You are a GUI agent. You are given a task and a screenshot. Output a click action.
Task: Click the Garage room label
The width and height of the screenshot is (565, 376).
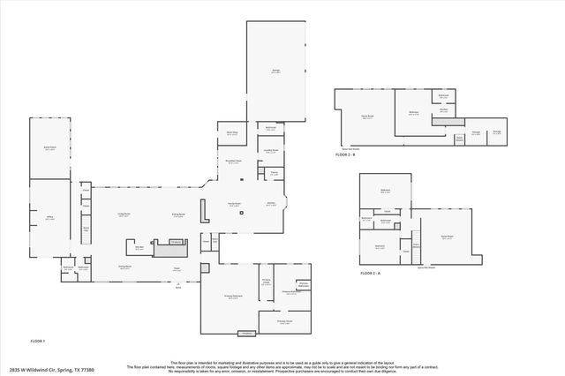[x=275, y=71]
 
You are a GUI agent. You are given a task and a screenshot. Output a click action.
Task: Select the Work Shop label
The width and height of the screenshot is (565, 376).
[x=232, y=133]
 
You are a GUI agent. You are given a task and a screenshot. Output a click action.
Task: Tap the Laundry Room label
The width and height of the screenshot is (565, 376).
[x=271, y=150]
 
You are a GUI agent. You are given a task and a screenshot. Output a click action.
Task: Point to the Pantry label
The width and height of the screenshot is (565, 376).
[x=275, y=173]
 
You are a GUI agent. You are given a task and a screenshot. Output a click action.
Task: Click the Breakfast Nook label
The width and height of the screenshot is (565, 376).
[x=234, y=162]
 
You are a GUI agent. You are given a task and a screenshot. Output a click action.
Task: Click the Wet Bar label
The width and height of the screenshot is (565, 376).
[x=139, y=248]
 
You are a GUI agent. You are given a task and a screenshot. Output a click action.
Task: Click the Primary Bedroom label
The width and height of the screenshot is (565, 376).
[x=233, y=297]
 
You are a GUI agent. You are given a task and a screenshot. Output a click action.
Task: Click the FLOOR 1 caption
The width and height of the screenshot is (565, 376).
[x=38, y=341]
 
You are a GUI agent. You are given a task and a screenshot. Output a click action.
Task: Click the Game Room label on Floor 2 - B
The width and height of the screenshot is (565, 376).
[x=366, y=117]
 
